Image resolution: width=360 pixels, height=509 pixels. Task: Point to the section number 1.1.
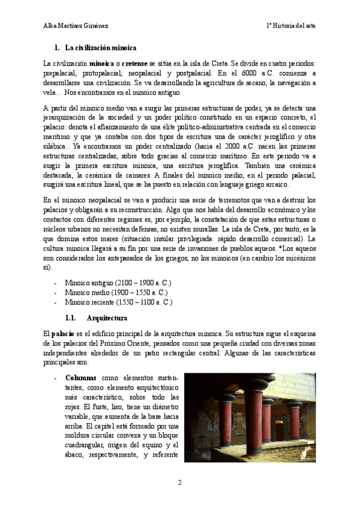70,318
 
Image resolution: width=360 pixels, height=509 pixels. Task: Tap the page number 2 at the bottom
179,482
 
